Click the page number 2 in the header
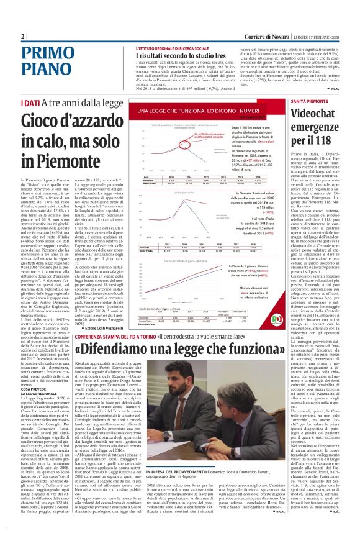point(23,37)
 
